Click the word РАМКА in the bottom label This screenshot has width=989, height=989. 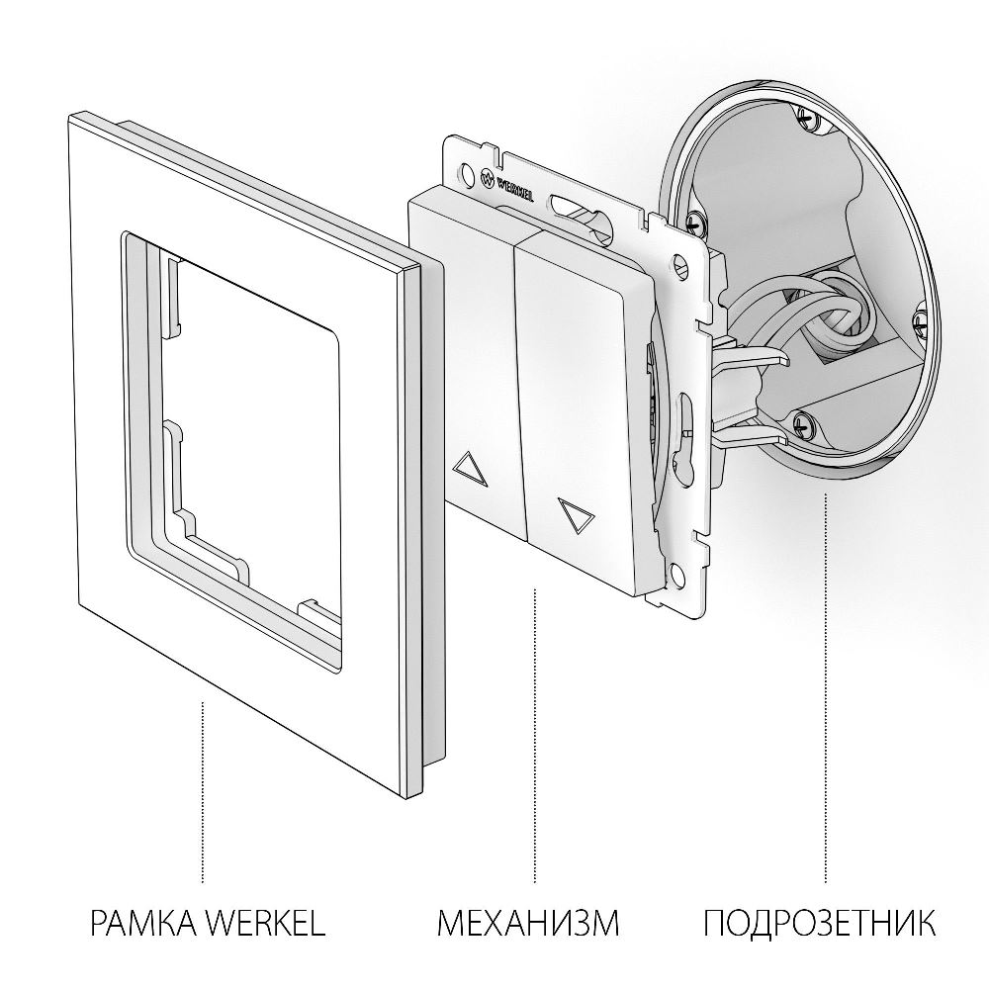click(145, 924)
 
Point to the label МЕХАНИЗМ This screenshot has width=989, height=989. click(528, 924)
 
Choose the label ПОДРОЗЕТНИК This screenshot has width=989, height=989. click(819, 924)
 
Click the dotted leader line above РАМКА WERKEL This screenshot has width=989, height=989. click(203, 791)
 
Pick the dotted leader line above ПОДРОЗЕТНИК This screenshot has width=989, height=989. click(825, 682)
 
